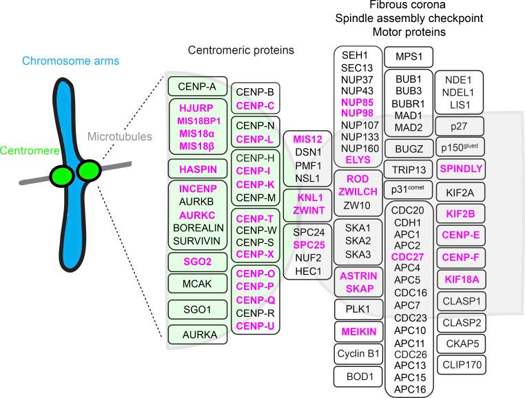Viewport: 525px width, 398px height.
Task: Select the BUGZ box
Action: pos(409,145)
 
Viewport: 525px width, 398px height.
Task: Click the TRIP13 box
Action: pos(409,169)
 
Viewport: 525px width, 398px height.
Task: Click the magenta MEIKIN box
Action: pos(358,332)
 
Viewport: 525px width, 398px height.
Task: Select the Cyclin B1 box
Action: pos(358,354)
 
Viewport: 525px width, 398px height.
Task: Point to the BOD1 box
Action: pos(358,377)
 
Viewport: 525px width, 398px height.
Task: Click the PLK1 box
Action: pos(358,309)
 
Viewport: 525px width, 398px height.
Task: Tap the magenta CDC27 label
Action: pos(409,258)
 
